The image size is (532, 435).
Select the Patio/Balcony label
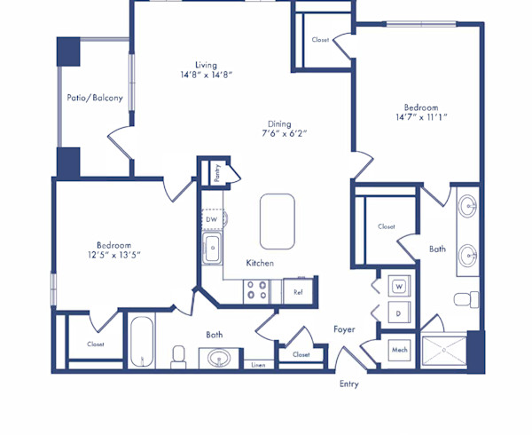coord(95,98)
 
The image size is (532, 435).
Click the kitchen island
coord(277,221)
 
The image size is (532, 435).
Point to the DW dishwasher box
coord(211,218)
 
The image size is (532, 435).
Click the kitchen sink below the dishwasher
coord(212,249)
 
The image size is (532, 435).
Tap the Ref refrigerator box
coord(299,291)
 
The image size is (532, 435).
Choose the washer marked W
coord(399,286)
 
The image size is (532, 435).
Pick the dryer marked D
coord(399,312)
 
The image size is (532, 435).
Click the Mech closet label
coord(400,350)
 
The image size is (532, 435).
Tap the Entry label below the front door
coord(349,384)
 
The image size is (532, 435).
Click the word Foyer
coord(344,329)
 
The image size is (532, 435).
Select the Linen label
coord(258,364)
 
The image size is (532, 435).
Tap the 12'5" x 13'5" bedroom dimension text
coord(114,255)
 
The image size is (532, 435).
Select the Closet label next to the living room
coord(321,40)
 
